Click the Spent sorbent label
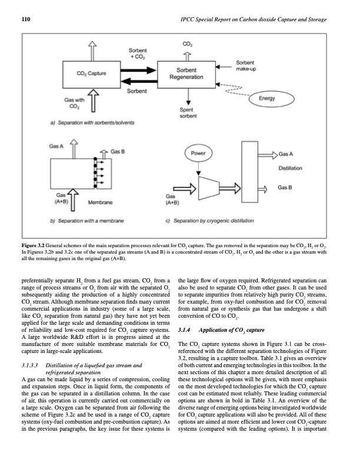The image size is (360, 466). coord(186,114)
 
